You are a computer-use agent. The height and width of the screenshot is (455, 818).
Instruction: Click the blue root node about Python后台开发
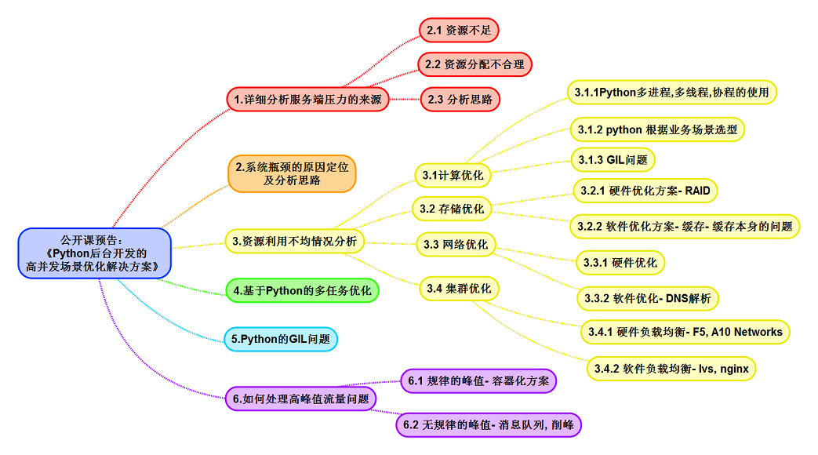tap(93, 253)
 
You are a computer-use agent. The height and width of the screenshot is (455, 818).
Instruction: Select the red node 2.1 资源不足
tap(459, 31)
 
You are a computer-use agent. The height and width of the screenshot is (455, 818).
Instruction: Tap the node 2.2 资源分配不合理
tap(474, 64)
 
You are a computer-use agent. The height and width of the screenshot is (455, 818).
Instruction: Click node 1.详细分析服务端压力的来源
tap(307, 100)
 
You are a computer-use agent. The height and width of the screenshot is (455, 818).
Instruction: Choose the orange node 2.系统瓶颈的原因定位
tap(292, 173)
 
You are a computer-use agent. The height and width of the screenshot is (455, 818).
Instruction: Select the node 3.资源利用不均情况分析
tap(294, 242)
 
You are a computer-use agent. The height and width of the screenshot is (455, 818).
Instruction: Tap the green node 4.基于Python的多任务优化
tap(302, 291)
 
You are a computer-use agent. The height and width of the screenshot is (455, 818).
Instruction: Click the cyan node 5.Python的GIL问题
tap(281, 340)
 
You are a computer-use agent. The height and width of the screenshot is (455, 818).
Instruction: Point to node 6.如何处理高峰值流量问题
tap(300, 399)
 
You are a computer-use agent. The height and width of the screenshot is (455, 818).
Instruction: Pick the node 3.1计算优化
tap(453, 175)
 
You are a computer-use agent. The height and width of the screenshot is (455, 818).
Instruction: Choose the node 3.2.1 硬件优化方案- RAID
tap(644, 190)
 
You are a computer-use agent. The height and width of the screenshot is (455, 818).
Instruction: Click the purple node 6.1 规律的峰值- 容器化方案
tap(478, 381)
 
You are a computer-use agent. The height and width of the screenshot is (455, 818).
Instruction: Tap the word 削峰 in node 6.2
tap(562, 425)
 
